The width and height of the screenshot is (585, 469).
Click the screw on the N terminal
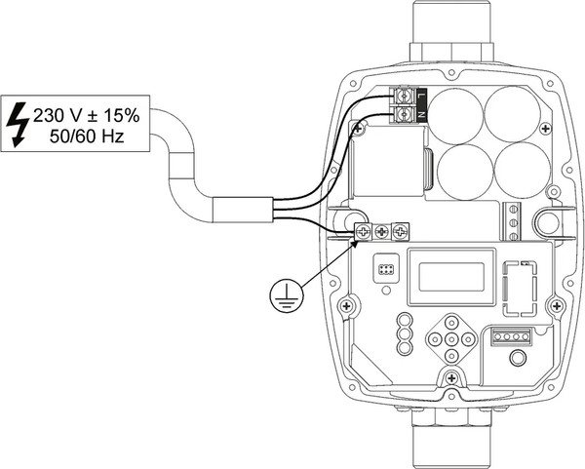pos(403,115)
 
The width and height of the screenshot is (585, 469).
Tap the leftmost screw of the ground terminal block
pos(364,231)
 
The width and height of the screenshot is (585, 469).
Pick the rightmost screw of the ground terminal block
pos(399,231)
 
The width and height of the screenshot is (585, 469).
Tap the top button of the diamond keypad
pos(448,323)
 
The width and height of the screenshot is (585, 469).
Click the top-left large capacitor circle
pos(456,115)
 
